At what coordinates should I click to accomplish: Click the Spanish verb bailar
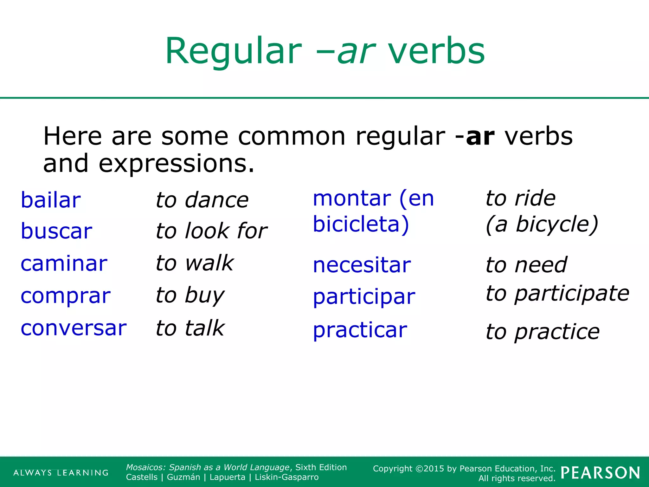[51, 200]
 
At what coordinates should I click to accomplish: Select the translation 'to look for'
[211, 231]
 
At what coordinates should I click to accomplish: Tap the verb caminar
[64, 264]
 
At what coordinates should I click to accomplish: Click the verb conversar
[74, 328]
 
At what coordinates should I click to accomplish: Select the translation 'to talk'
[190, 328]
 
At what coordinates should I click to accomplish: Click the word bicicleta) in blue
[361, 224]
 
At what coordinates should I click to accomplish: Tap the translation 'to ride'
[520, 198]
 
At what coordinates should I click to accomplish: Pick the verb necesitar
[362, 265]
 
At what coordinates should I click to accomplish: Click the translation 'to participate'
[557, 294]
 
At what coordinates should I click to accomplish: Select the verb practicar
[360, 330]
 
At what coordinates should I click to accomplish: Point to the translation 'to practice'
[543, 332]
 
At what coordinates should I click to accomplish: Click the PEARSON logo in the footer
[600, 473]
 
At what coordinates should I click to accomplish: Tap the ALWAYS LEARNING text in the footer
[61, 473]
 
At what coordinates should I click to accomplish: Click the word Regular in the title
[233, 51]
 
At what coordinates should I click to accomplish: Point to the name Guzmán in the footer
[183, 477]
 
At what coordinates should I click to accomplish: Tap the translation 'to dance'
[202, 200]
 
